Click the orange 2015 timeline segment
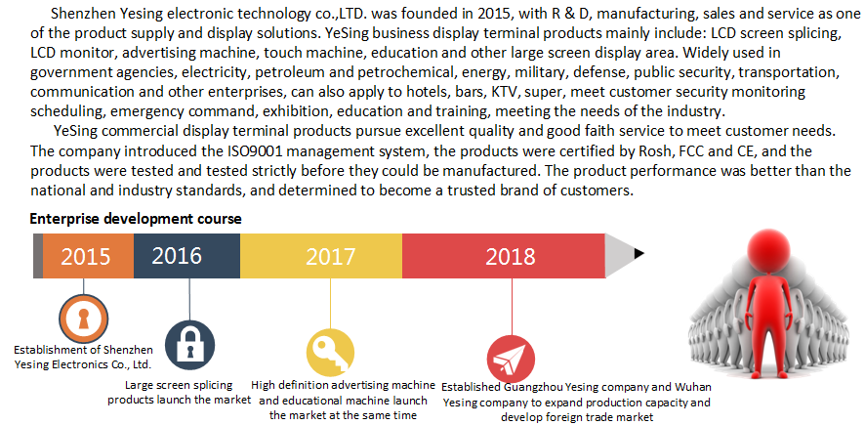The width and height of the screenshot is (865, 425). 87,256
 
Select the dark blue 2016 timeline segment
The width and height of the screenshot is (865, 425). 185,256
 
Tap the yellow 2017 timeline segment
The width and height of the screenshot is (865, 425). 321,256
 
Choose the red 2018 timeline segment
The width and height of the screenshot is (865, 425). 504,256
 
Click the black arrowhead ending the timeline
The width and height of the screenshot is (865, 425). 638,254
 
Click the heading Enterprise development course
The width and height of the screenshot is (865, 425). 136,219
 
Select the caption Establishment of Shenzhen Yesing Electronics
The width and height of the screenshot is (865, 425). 83,357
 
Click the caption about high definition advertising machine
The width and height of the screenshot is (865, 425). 343,401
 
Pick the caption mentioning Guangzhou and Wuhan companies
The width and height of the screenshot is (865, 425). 577,402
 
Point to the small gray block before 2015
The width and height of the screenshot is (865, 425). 37,256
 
